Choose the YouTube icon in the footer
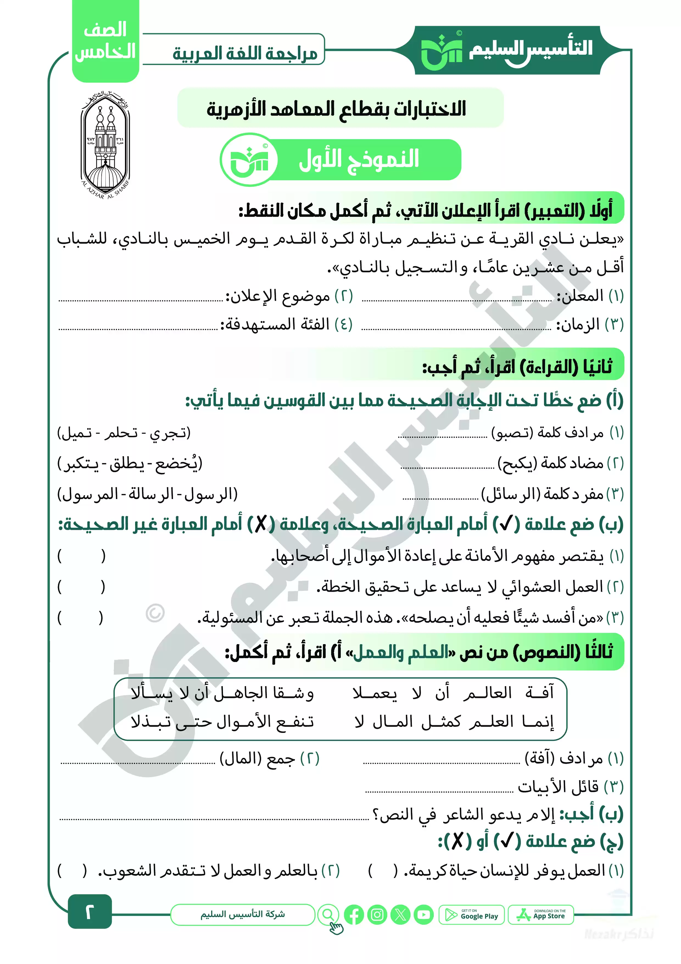click(x=424, y=915)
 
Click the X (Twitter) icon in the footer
click(x=401, y=915)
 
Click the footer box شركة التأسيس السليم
click(x=242, y=915)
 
